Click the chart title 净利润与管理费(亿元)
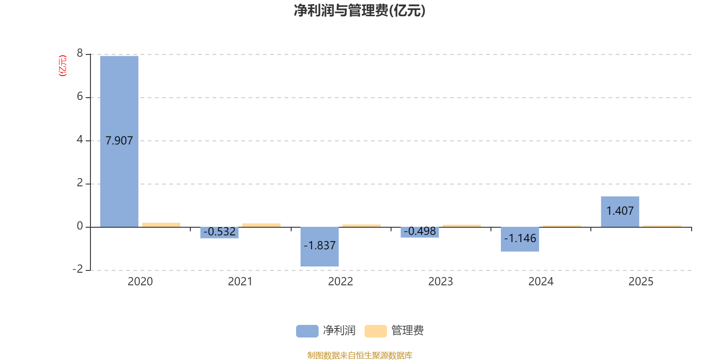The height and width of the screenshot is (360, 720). click(360, 11)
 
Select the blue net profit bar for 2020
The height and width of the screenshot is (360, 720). click(119, 141)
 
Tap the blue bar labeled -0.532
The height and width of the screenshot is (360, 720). click(220, 233)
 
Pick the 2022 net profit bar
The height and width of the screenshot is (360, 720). click(319, 247)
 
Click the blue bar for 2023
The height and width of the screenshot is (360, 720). click(420, 232)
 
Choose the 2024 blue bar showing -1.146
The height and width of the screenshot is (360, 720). click(520, 239)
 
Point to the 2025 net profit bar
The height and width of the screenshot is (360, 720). click(620, 212)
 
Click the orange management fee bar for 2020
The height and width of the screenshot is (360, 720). click(162, 225)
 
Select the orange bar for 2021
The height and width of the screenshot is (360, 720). click(261, 225)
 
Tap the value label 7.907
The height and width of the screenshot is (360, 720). click(119, 141)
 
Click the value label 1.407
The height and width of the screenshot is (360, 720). click(620, 211)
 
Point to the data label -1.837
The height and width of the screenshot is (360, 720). click(319, 246)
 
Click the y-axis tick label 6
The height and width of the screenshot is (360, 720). click(80, 96)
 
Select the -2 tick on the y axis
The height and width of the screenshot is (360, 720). click(78, 269)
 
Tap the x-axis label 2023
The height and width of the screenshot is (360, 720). click(441, 282)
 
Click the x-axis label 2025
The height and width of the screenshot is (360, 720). click(641, 282)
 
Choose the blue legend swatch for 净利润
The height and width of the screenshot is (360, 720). click(307, 331)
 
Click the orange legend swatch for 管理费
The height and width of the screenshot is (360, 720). click(375, 331)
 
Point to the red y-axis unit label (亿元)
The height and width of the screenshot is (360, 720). click(63, 66)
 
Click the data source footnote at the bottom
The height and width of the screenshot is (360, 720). click(360, 355)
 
